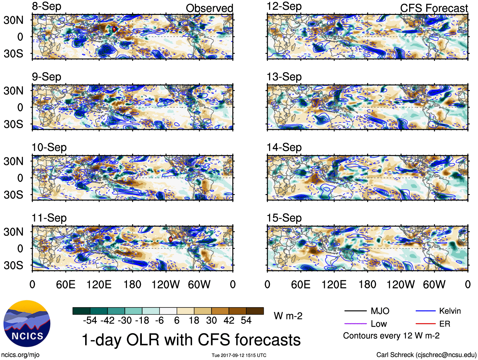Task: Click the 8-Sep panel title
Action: pos(47,6)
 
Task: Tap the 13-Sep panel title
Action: pos(284,77)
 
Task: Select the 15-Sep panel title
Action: pos(284,218)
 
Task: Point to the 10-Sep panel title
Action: pos(49,147)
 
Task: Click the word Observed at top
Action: pos(209,8)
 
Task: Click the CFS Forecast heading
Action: pos(434,8)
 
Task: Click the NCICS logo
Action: pos(27,323)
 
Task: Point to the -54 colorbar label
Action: pos(90,320)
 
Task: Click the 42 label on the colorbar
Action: pos(229,320)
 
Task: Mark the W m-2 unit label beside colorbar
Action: pos(288,316)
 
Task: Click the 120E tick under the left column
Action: pos(99,284)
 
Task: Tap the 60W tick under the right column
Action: pos(434,284)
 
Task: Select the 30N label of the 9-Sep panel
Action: pos(13,91)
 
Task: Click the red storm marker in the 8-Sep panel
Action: pos(114,29)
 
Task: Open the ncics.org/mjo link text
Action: pos(20,355)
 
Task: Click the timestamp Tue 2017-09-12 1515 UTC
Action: pos(239,355)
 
